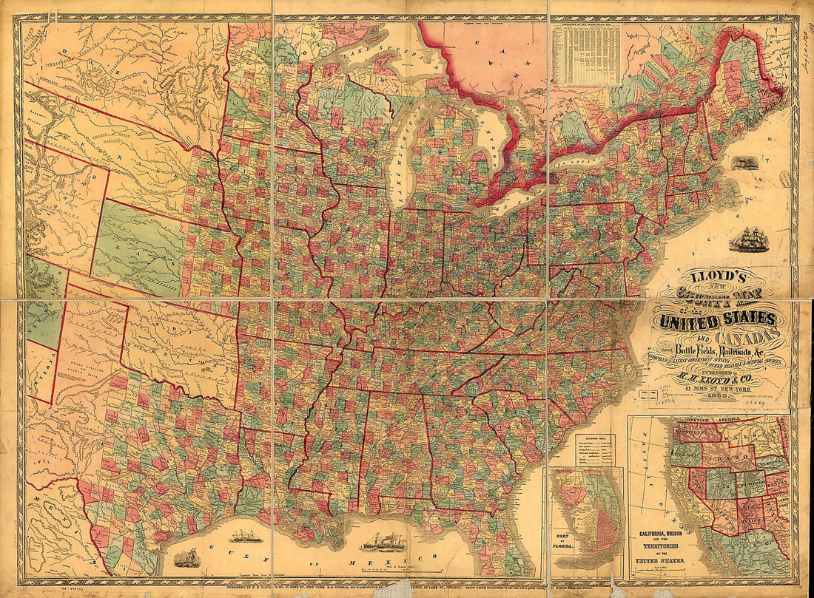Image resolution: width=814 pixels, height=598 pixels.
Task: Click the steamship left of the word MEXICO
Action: click(x=383, y=543)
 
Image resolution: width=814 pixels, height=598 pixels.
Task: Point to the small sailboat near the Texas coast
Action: click(x=184, y=555)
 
